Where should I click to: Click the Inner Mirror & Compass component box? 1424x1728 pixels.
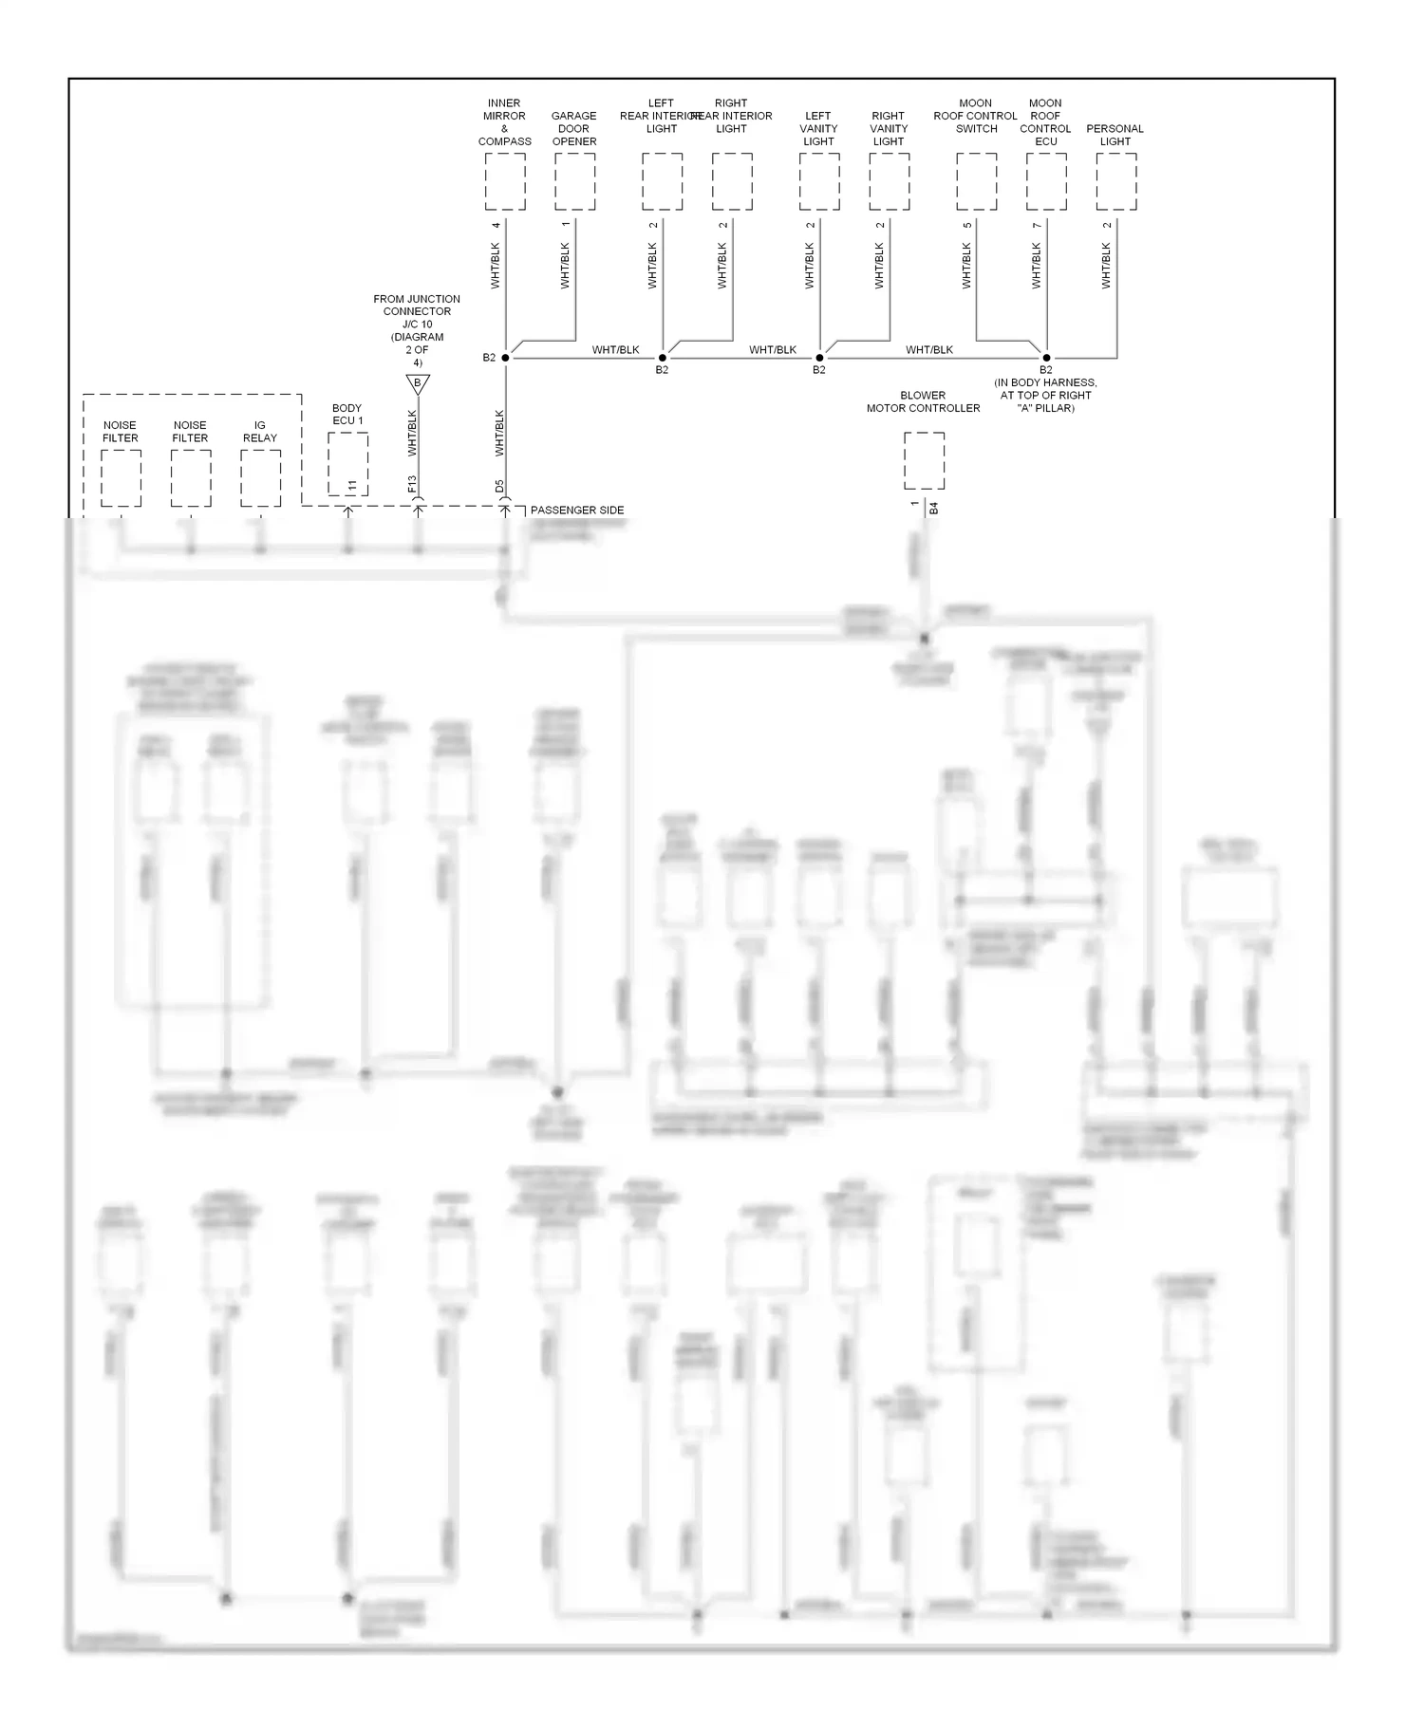[504, 181]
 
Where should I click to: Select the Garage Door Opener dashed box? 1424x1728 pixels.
[574, 181]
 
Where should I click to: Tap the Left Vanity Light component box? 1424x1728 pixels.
[818, 181]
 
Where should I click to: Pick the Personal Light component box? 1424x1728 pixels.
[1115, 181]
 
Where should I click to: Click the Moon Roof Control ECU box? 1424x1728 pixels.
[1045, 181]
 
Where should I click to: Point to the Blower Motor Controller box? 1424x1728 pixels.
[924, 461]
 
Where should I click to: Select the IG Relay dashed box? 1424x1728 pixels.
[260, 478]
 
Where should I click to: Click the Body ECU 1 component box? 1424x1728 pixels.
[347, 463]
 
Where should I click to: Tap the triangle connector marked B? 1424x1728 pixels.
[418, 383]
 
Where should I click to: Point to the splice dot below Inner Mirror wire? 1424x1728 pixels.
[505, 358]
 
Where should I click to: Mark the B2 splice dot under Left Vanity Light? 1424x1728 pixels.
[819, 358]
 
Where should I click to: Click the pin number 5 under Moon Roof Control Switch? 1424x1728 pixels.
[967, 225]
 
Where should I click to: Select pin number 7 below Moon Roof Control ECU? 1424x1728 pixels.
[1037, 225]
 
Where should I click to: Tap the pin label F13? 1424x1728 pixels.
[412, 485]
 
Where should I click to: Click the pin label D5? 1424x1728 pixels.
[499, 486]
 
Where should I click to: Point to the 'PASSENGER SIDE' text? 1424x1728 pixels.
[577, 511]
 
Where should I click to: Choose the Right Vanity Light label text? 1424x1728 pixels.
[889, 129]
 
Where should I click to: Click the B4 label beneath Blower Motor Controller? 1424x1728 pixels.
[933, 510]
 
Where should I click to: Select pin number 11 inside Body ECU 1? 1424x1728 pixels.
[352, 486]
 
